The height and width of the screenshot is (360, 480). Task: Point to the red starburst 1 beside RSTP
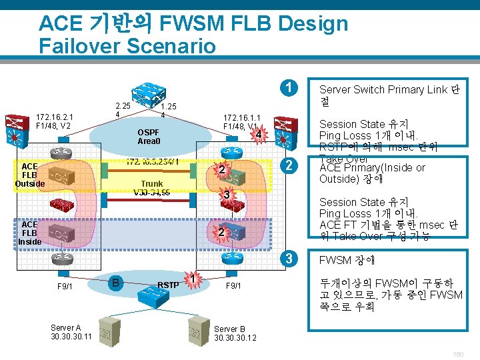pyautogui.click(x=192, y=279)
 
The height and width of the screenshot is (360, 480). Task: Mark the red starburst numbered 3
pyautogui.click(x=227, y=195)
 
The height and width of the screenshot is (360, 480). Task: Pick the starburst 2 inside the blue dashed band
pyautogui.click(x=221, y=233)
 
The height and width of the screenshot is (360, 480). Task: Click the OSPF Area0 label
pyautogui.click(x=149, y=136)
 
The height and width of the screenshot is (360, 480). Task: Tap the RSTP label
pyautogui.click(x=168, y=285)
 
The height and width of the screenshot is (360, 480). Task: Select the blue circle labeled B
pyautogui.click(x=115, y=282)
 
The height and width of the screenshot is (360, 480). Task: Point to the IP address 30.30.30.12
pyautogui.click(x=235, y=338)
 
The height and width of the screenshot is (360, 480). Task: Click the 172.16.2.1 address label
pyautogui.click(x=55, y=116)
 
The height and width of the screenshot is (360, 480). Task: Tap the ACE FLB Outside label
pyautogui.click(x=30, y=175)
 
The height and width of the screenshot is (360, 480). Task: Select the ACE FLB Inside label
pyautogui.click(x=30, y=233)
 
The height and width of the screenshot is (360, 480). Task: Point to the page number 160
pyautogui.click(x=457, y=354)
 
